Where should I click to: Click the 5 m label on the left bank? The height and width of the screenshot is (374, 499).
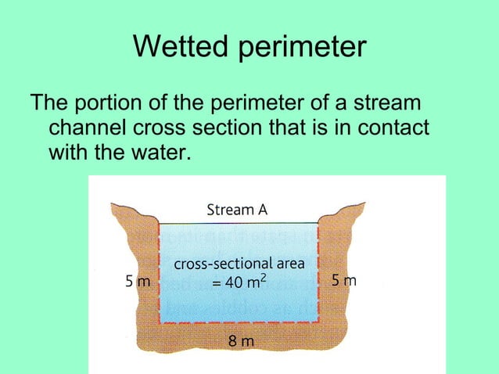[138, 281]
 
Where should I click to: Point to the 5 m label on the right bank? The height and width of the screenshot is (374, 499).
[343, 280]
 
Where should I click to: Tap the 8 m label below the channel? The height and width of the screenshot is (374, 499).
[240, 341]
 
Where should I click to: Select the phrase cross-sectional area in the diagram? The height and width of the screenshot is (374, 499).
[239, 264]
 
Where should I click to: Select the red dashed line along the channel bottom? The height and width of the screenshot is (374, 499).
[239, 322]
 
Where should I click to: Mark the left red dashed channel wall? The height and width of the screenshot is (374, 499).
[160, 274]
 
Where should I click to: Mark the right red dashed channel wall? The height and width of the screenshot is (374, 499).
[318, 274]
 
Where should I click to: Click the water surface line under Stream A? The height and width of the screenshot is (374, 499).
[239, 223]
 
